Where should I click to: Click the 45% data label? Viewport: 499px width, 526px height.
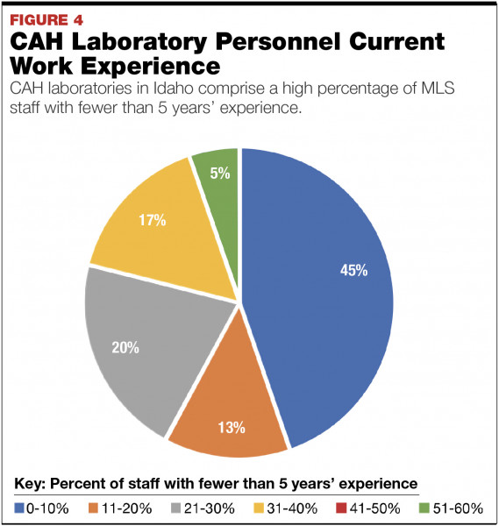tap(353, 270)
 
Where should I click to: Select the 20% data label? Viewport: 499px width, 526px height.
tap(125, 348)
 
